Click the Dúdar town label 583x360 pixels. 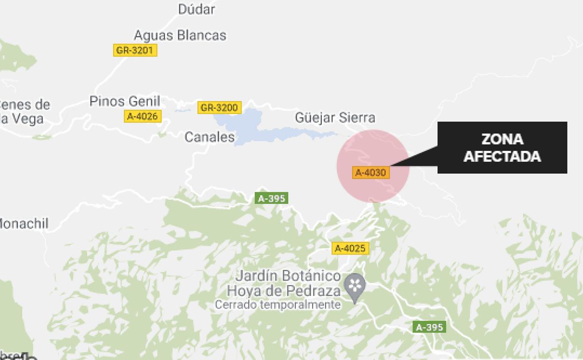point(197,9)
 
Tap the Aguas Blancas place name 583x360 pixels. point(180,36)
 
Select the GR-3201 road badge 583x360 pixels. point(135,50)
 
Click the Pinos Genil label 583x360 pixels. point(125,101)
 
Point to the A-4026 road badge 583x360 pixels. point(143,116)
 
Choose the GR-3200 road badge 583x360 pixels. point(219,108)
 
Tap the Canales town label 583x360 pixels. point(209,137)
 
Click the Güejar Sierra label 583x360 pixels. point(335,118)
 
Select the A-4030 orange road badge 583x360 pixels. point(371,173)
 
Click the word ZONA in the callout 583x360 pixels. point(502,139)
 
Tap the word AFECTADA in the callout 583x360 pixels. point(502,156)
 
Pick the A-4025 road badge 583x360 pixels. point(350,248)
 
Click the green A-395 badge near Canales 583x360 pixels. point(271,198)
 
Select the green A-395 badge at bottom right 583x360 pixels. point(429,327)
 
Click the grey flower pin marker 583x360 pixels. point(355,285)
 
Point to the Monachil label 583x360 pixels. point(23,223)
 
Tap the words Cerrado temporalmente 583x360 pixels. point(277,305)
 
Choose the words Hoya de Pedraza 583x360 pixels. point(284,291)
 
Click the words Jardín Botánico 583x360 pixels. point(288,276)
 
